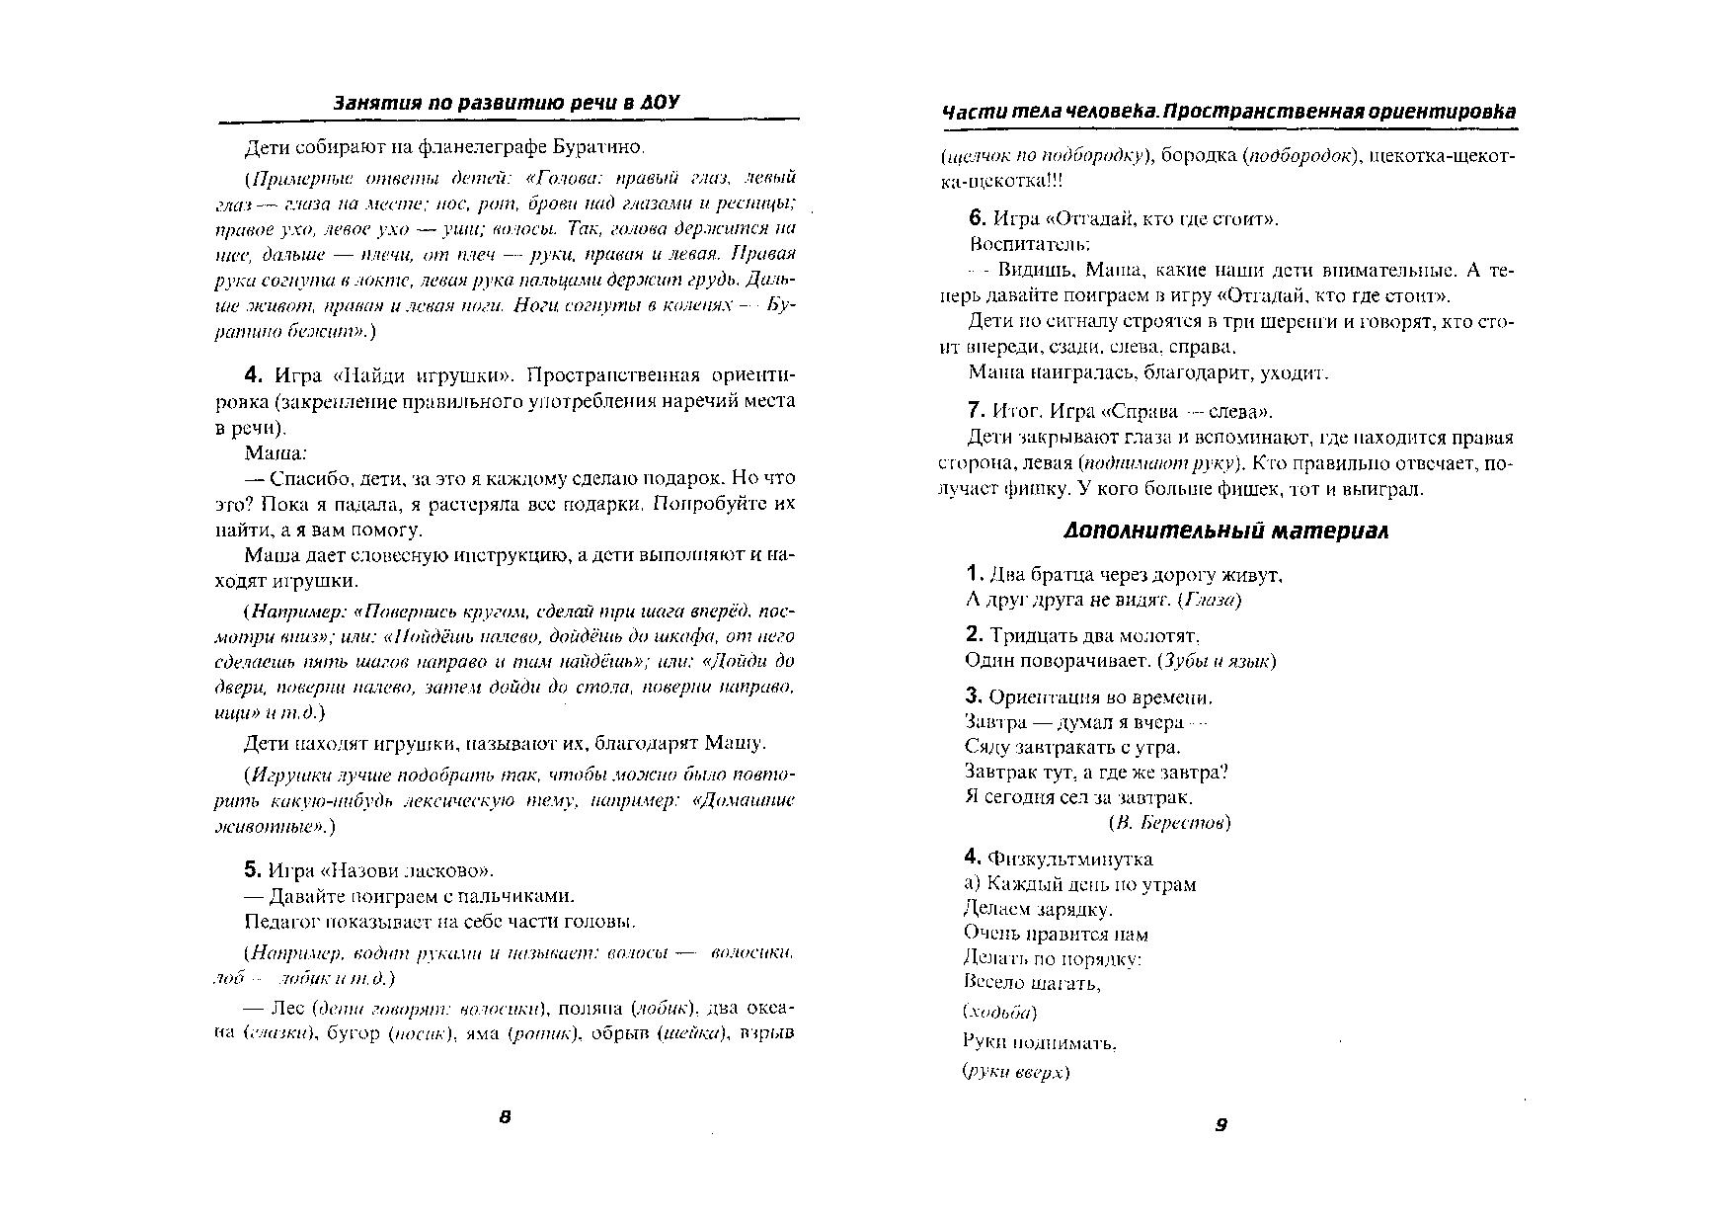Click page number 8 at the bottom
(505, 1117)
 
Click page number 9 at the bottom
(1221, 1124)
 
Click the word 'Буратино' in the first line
(604, 148)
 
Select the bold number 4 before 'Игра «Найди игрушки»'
(252, 375)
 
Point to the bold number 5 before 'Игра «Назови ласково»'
(252, 870)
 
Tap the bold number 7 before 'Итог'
(977, 411)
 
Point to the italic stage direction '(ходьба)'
(999, 1012)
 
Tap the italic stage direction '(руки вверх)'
(1015, 1072)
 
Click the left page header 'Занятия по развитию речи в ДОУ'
(507, 103)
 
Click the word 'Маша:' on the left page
(276, 453)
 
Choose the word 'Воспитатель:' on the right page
(1029, 244)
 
